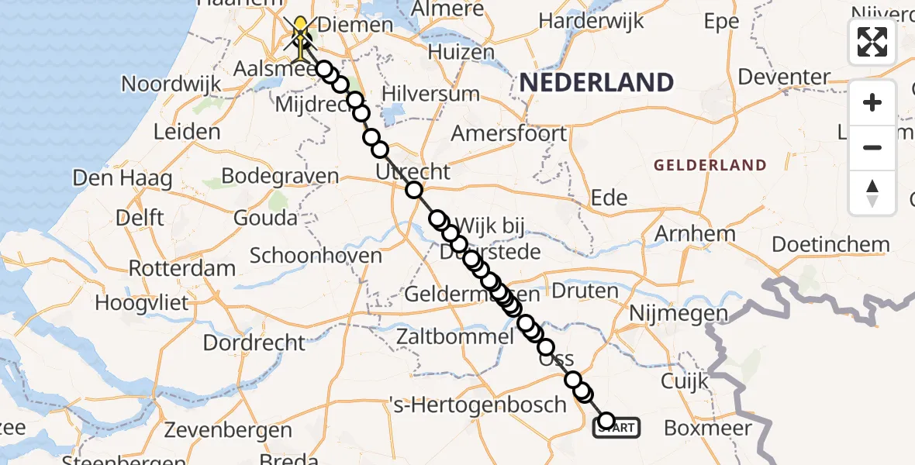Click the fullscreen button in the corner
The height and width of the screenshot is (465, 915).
(872, 42)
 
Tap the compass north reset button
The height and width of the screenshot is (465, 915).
(872, 192)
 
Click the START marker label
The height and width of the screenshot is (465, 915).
(617, 427)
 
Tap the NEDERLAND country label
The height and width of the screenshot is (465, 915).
(596, 82)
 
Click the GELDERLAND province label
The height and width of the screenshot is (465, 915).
(710, 165)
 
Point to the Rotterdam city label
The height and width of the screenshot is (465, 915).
(181, 269)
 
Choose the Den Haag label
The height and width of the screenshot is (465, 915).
(123, 179)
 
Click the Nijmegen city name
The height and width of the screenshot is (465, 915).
(678, 315)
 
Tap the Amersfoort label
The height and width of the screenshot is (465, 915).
(509, 133)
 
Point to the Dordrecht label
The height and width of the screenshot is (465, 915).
(254, 342)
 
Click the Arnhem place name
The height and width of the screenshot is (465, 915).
(695, 234)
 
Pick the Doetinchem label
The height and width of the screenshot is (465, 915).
(830, 245)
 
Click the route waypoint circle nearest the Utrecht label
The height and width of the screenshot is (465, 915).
(413, 190)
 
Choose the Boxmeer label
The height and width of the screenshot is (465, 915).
(708, 428)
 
